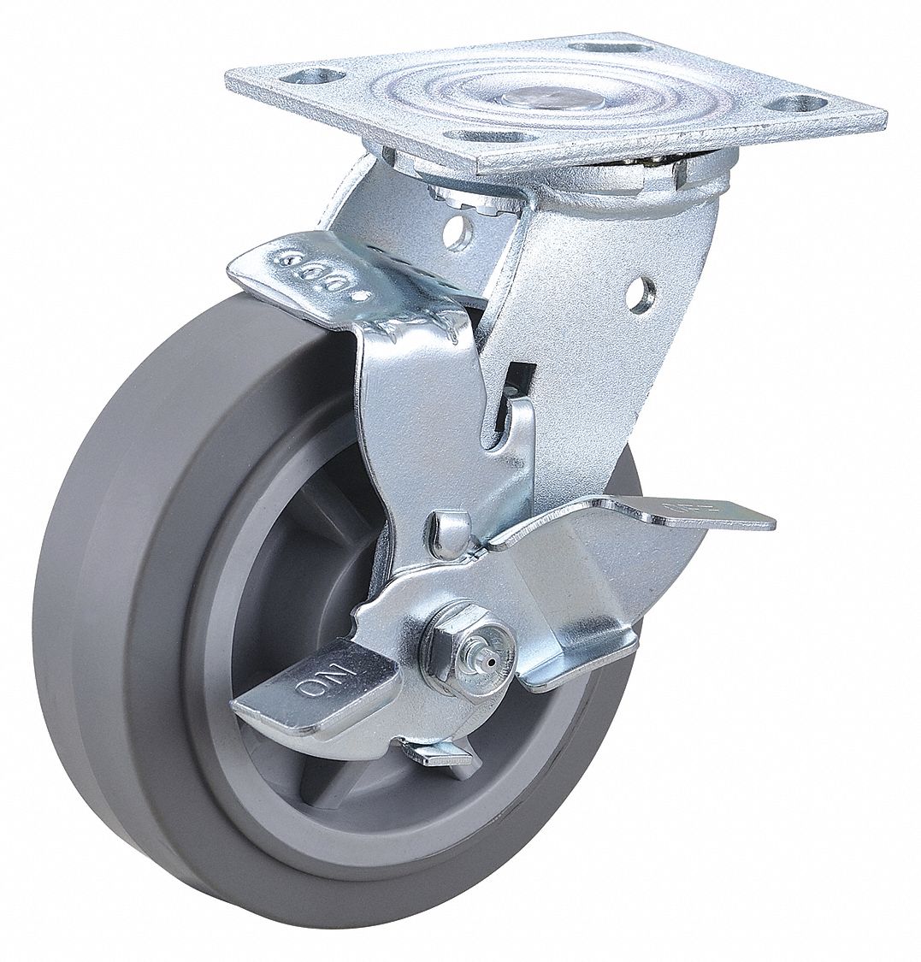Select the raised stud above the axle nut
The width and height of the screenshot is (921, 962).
coord(452,527)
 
